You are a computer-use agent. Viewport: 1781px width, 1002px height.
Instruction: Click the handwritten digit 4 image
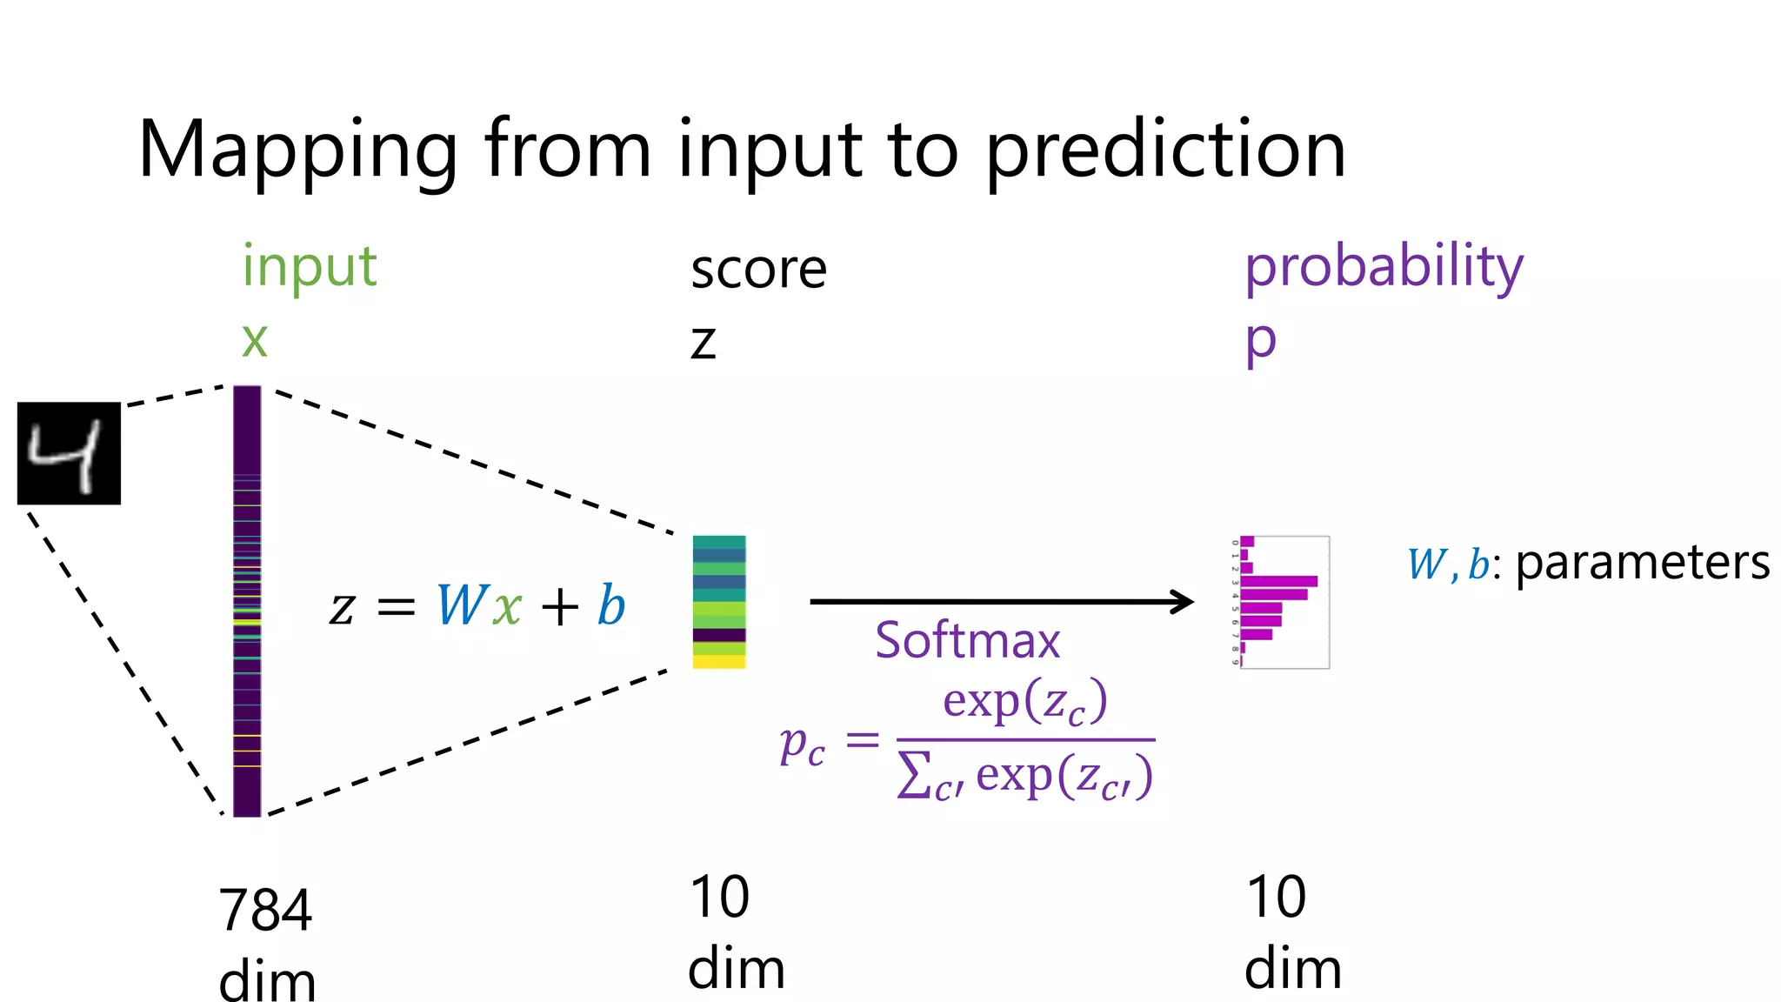[69, 453]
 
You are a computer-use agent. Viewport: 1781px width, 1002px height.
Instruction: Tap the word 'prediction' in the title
[1165, 150]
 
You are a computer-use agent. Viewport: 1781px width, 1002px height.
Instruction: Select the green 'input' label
[309, 266]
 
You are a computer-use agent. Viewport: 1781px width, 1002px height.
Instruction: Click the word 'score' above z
[758, 270]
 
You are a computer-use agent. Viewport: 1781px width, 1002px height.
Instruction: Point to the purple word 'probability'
[1384, 266]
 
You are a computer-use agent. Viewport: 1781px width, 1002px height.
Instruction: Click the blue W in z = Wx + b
[461, 605]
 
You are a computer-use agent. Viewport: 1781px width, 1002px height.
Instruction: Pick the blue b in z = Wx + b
[611, 605]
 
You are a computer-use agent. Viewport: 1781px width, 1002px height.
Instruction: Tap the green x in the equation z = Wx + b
[507, 607]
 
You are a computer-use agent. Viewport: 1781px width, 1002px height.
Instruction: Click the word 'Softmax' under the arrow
[967, 641]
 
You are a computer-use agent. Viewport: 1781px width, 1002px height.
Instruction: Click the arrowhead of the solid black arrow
[1184, 601]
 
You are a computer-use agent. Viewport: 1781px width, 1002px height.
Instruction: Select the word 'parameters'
[1643, 563]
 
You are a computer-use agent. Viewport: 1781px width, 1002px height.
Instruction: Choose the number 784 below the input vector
[265, 911]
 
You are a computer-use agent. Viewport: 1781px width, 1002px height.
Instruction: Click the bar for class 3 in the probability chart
[1278, 581]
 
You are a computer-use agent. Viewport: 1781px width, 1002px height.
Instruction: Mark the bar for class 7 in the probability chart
[1257, 634]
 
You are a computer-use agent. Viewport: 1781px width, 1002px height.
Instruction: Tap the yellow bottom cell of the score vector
[719, 662]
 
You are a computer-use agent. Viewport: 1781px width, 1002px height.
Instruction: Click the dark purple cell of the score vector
[719, 635]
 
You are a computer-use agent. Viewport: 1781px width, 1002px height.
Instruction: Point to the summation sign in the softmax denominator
[913, 776]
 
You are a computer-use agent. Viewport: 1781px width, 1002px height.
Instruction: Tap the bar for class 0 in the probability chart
[1247, 541]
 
